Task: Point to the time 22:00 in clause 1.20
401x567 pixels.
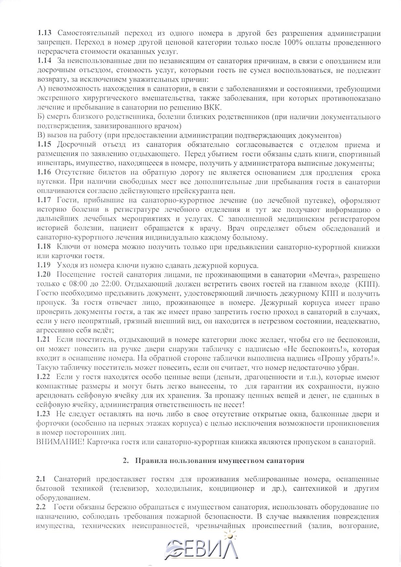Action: click(110, 284)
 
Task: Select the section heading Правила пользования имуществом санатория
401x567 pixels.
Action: click(219, 461)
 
